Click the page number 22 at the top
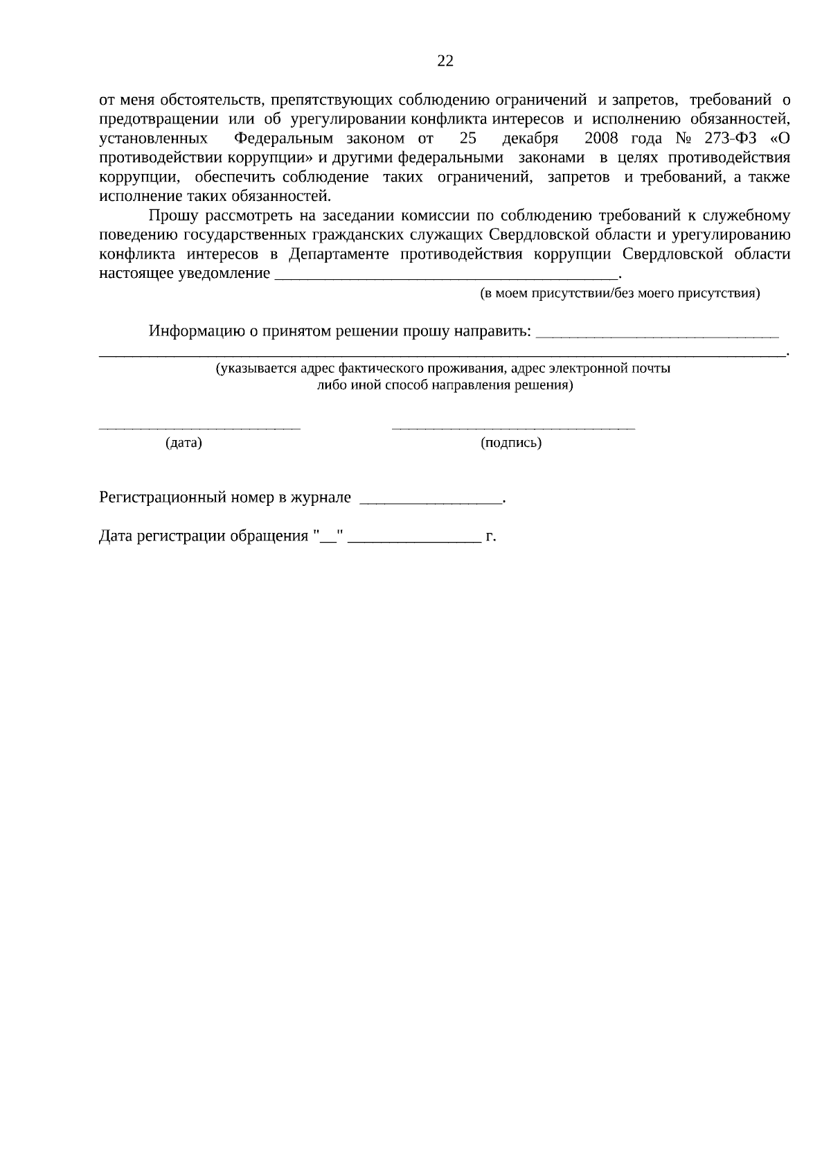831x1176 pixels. [445, 61]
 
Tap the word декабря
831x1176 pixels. [530, 139]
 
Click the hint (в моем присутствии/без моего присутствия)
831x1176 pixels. [620, 293]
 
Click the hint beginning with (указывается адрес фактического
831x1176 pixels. [443, 369]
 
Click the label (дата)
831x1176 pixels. [184, 443]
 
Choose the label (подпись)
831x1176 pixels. [511, 443]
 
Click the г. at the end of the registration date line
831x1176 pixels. [491, 536]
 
